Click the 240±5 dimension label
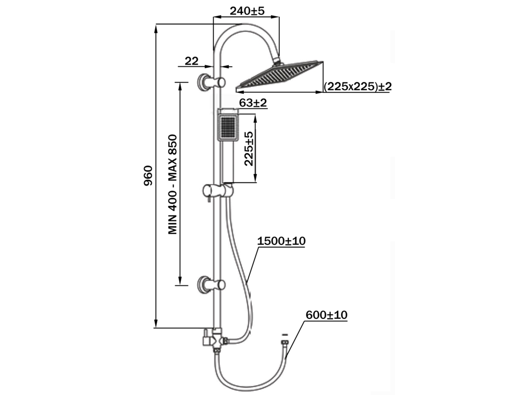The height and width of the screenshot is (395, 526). point(247,11)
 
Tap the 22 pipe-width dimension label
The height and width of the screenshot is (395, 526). point(191,61)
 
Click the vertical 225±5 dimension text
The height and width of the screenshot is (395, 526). point(249,149)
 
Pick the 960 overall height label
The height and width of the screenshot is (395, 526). point(148,176)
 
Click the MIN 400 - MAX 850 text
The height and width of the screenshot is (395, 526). point(173,185)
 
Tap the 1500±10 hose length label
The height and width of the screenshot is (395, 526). point(281,241)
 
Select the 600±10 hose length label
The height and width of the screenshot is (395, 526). point(326,315)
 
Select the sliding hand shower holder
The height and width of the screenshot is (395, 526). point(217,190)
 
